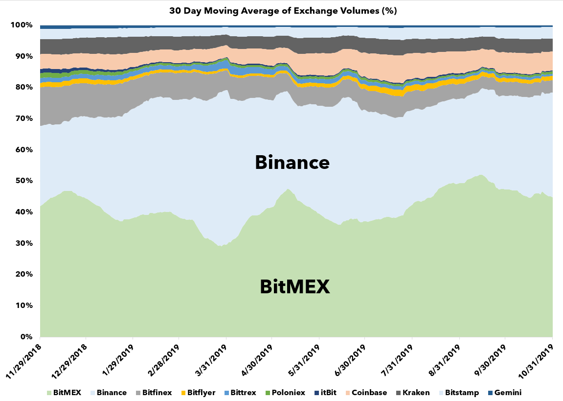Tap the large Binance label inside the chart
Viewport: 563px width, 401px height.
(292, 162)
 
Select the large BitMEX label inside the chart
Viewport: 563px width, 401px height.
(295, 286)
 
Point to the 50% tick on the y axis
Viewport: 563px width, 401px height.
(23, 181)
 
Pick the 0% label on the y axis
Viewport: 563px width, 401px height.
(25, 337)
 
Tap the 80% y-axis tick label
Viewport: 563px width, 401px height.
(23, 87)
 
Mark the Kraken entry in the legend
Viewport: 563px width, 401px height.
(414, 393)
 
